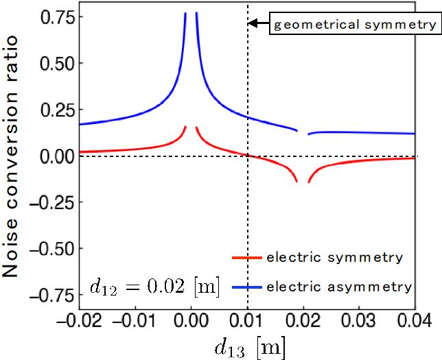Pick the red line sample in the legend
click(x=246, y=259)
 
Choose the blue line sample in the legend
click(x=246, y=286)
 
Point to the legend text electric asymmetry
click(x=339, y=286)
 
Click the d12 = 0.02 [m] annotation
click(x=154, y=287)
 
